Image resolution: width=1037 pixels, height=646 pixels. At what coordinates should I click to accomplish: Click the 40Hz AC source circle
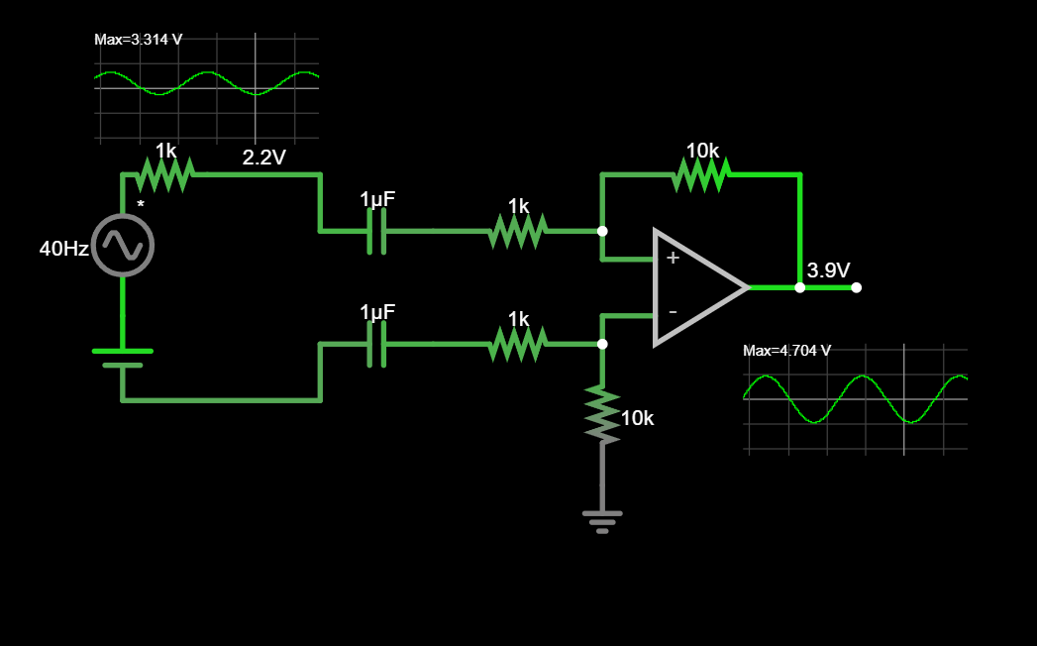point(123,245)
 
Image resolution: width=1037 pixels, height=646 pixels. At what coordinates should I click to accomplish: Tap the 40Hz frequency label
point(64,249)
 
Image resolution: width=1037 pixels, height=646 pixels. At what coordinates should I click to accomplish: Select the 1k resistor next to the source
point(165,175)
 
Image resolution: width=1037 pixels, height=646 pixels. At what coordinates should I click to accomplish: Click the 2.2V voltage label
point(264,157)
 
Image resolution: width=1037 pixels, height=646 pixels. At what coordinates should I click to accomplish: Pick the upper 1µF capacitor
point(376,231)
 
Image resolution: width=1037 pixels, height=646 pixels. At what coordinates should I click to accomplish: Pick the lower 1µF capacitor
point(376,344)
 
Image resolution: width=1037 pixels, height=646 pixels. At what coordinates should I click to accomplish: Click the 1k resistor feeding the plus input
point(517,232)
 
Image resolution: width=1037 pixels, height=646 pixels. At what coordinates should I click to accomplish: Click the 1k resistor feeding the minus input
point(517,344)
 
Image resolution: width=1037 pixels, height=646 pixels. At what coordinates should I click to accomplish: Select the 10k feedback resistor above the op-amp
point(701,175)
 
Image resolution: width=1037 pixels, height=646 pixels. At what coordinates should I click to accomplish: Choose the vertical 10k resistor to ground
point(601,414)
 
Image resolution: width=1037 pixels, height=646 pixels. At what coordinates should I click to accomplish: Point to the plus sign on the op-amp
point(673,258)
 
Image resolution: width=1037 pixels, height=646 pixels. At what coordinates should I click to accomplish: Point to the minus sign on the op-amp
point(673,312)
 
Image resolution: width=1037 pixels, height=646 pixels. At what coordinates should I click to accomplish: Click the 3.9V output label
point(828,269)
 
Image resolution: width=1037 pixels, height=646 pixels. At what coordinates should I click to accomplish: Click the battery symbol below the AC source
point(123,358)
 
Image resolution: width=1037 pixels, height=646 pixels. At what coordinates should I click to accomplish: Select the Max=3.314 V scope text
point(138,40)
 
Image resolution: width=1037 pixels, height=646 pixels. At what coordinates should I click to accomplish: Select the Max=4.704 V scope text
point(786,350)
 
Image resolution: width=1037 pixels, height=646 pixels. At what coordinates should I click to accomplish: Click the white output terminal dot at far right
point(857,287)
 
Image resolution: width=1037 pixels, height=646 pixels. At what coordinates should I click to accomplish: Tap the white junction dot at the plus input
point(602,231)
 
